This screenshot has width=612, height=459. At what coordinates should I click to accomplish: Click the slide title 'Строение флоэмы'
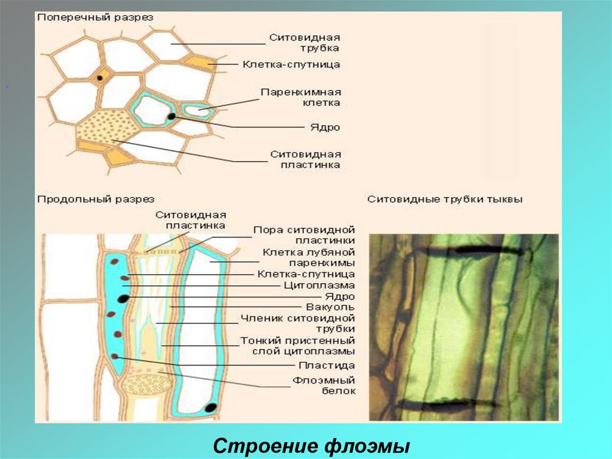click(311, 446)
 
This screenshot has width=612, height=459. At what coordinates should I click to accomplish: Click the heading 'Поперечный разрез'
click(96, 18)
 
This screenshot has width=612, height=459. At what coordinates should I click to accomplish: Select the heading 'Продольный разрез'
click(96, 199)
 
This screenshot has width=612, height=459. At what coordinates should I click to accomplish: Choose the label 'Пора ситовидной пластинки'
click(304, 235)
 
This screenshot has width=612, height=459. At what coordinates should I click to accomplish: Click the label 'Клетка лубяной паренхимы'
click(308, 257)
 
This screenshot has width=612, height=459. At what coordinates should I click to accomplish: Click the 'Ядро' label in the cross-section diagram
click(325, 127)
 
